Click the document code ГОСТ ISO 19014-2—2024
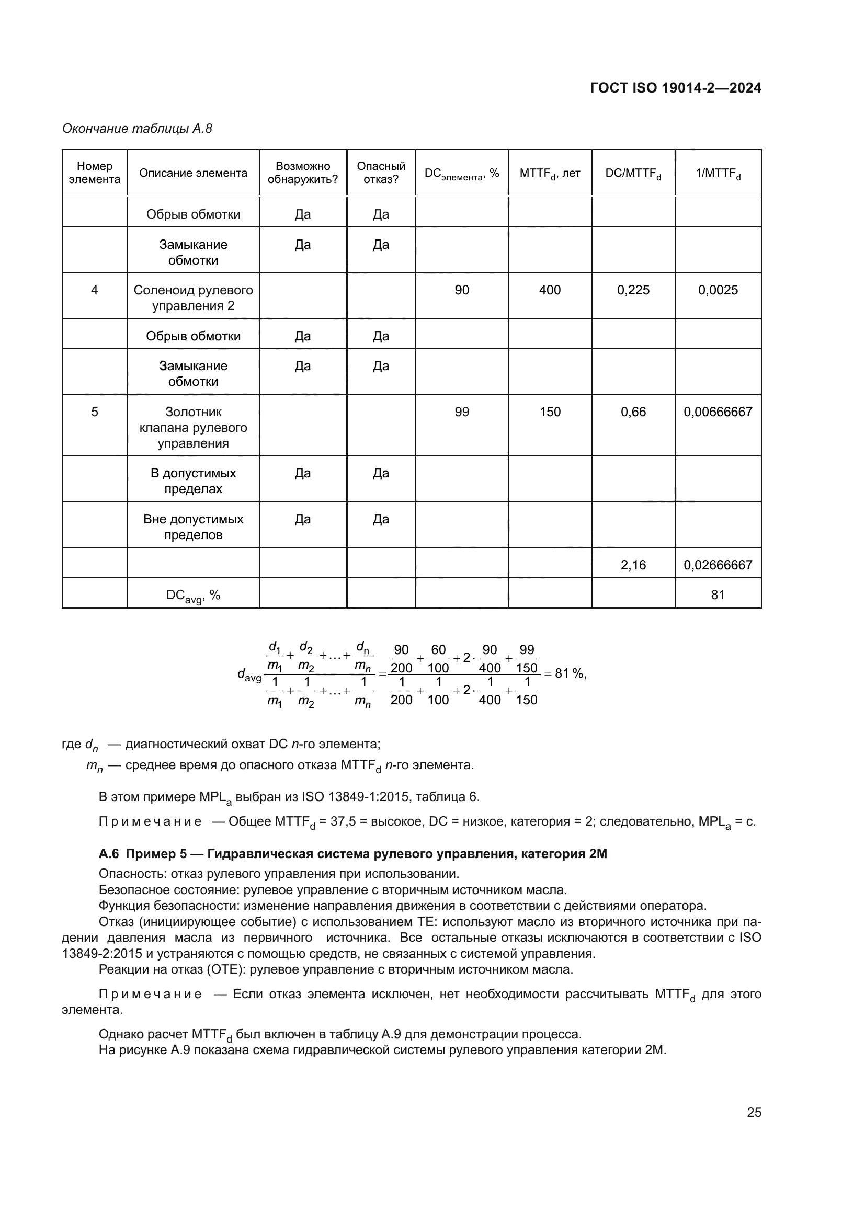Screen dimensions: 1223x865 pyautogui.click(x=675, y=88)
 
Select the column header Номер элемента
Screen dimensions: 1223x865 pyautogui.click(x=94, y=173)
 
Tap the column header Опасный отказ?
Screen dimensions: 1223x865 pyautogui.click(x=381, y=173)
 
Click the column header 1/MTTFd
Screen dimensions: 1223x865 pyautogui.click(x=718, y=173)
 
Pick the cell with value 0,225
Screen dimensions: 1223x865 pyautogui.click(x=633, y=290)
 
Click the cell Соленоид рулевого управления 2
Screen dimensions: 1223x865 pyautogui.click(x=193, y=298)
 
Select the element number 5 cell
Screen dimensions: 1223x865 pyautogui.click(x=94, y=412)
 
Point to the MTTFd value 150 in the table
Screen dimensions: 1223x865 pyautogui.click(x=550, y=412)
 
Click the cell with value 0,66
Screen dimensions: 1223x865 pyautogui.click(x=633, y=412)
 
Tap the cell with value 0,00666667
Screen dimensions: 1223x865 pyautogui.click(x=718, y=412)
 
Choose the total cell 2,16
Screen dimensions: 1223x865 pyautogui.click(x=633, y=565)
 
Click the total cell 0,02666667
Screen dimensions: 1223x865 pyautogui.click(x=718, y=565)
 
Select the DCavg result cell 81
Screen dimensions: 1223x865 pyautogui.click(x=718, y=595)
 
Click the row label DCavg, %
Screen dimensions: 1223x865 pyautogui.click(x=193, y=596)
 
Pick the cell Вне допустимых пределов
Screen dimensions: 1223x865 pyautogui.click(x=193, y=527)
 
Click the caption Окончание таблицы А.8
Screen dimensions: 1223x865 pyautogui.click(x=137, y=129)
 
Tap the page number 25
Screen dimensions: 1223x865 pyautogui.click(x=754, y=1112)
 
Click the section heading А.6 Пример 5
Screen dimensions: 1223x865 pyautogui.click(x=352, y=854)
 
